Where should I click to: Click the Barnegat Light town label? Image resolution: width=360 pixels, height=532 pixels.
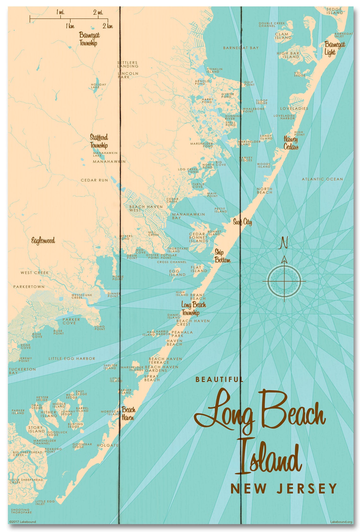click(x=334, y=48)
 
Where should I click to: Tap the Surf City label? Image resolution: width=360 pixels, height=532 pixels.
click(x=243, y=222)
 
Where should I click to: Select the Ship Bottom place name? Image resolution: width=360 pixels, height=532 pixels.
click(x=222, y=256)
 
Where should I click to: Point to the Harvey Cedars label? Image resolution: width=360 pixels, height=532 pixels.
click(x=291, y=143)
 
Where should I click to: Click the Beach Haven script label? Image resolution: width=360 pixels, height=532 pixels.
click(x=128, y=414)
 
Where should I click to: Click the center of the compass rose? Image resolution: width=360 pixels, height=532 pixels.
click(x=284, y=281)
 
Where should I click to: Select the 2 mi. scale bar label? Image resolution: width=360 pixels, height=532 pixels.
click(x=98, y=13)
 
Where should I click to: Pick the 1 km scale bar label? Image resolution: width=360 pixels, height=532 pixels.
click(x=70, y=26)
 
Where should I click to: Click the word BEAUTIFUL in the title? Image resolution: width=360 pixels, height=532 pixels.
click(x=219, y=380)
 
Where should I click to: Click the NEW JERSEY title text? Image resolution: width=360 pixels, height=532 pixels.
click(x=284, y=488)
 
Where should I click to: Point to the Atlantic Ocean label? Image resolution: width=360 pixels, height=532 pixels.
click(x=322, y=179)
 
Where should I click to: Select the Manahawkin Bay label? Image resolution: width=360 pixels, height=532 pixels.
click(x=188, y=216)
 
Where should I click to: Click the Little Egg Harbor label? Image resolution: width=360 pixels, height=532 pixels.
click(x=72, y=358)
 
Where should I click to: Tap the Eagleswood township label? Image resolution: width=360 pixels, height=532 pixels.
click(x=43, y=241)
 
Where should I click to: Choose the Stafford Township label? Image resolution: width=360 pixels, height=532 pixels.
click(x=99, y=141)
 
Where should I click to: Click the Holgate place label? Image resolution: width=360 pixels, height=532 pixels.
click(x=107, y=445)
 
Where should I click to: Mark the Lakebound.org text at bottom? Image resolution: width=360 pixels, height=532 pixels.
click(x=341, y=522)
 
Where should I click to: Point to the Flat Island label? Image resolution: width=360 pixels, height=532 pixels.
click(x=199, y=269)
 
